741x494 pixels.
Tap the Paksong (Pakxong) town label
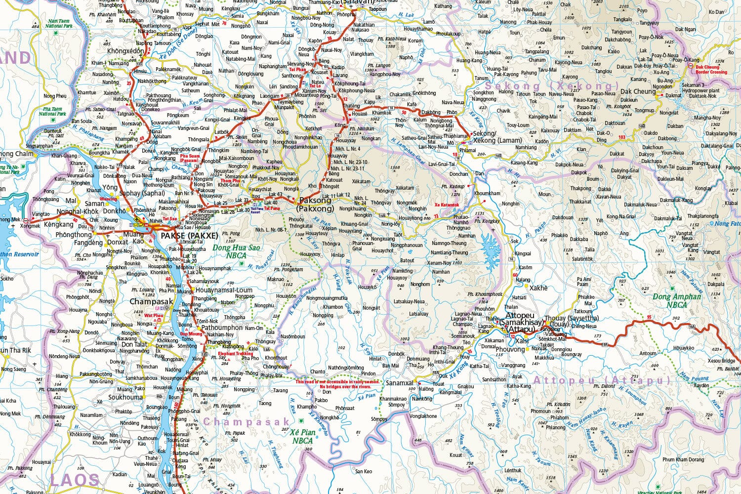click(x=317, y=205)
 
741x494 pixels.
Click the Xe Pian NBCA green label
click(x=302, y=436)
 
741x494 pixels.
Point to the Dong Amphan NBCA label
click(x=677, y=300)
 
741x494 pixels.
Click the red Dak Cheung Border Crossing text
click(x=711, y=70)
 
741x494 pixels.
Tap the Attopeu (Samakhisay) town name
click(x=524, y=319)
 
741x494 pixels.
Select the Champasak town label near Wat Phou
click(x=151, y=301)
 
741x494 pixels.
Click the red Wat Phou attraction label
click(x=154, y=315)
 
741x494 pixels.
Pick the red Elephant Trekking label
click(x=236, y=353)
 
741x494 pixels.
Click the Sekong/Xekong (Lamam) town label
click(x=491, y=137)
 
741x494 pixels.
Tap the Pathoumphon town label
click(x=222, y=328)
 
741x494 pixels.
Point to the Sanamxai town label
click(x=399, y=383)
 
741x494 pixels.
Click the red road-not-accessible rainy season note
click(x=338, y=384)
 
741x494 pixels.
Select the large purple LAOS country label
click(x=74, y=479)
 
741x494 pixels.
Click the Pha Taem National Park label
click(x=52, y=111)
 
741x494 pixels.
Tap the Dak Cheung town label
click(x=638, y=91)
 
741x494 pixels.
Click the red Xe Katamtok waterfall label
click(x=447, y=205)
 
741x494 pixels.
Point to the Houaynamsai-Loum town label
click(x=224, y=290)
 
